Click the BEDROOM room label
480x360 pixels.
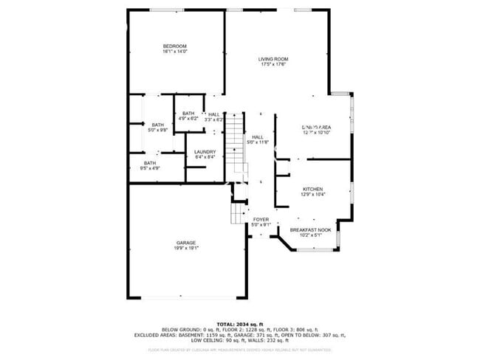click(175, 46)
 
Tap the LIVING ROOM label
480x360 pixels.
click(272, 59)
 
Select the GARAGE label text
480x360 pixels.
click(185, 243)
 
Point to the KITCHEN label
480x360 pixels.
click(312, 189)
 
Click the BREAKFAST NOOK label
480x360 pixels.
click(309, 230)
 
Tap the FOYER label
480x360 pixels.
click(261, 220)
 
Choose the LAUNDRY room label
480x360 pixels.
click(205, 152)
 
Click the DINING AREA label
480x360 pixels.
click(316, 128)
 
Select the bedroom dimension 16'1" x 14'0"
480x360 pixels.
click(175, 52)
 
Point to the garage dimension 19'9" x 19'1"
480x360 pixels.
click(185, 248)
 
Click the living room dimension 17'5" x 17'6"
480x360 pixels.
click(272, 64)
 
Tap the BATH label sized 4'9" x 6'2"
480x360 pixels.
click(188, 113)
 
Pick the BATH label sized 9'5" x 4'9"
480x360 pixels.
click(150, 163)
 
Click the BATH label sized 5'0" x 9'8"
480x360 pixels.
click(157, 125)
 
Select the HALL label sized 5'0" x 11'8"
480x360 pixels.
click(258, 137)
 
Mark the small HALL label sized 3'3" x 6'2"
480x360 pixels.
click(213, 114)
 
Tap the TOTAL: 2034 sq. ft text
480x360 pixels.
click(239, 324)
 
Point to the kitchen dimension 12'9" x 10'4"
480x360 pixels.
click(312, 194)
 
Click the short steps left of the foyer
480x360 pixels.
click(237, 214)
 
